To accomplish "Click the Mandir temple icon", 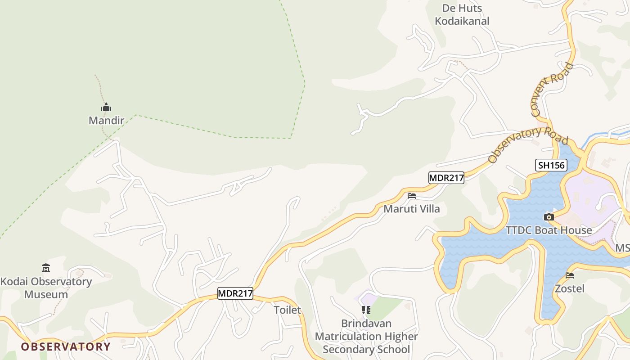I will coord(106,108).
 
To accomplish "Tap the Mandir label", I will coord(106,121).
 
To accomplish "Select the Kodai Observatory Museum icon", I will coord(45,268).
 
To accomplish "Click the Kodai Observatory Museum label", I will coord(46,288).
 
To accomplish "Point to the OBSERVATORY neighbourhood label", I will coord(66,347).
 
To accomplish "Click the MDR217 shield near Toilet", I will coord(235,294).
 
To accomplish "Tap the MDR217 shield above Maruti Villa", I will coord(446,178).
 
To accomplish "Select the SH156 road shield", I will coord(551,165).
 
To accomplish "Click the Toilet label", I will coord(287,310).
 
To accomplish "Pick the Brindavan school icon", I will coord(366,310).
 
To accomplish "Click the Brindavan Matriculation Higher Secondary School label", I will coord(366,337).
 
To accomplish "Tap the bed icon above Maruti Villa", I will coord(411,196).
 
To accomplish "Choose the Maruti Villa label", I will coord(412,209).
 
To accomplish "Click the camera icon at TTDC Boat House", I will coord(549,217).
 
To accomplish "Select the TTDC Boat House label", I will coord(549,230).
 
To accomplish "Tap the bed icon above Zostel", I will coord(570,275).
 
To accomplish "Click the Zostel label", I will coord(570,288).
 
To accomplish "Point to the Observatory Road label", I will coord(527,144).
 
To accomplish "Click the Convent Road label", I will coord(552,89).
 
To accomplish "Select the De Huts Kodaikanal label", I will coord(462,14).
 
